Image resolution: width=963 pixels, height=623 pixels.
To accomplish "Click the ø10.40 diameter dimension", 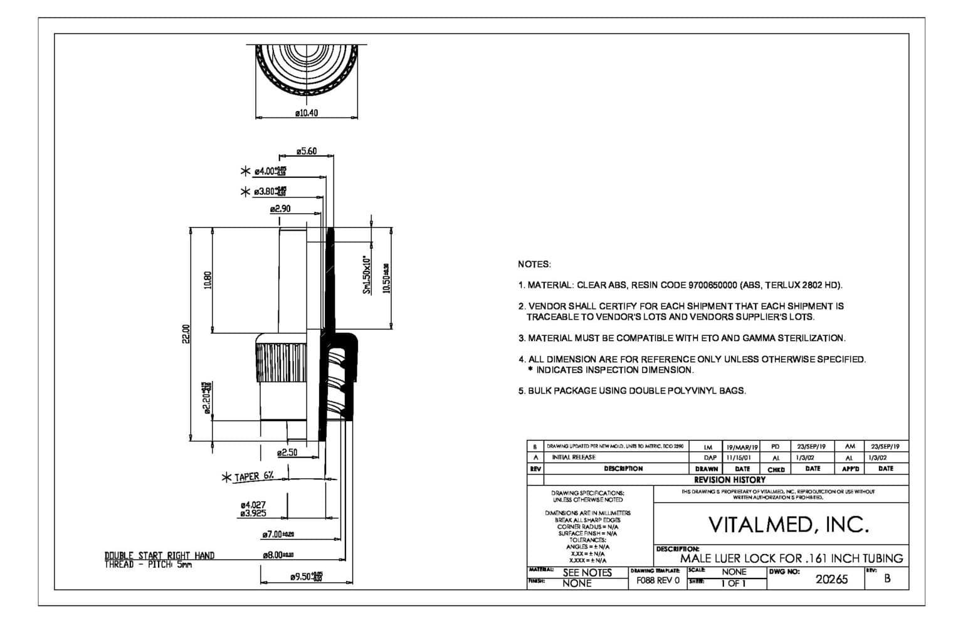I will [x=307, y=113].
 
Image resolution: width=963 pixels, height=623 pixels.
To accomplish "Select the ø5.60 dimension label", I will [x=307, y=152].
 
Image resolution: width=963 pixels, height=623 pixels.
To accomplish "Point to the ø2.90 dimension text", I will [x=280, y=209].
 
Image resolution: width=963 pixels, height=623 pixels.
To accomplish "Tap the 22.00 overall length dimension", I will [x=185, y=334].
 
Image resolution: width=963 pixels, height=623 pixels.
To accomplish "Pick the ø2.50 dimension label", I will [x=287, y=453].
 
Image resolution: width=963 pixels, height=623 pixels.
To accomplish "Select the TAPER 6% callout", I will [x=254, y=476].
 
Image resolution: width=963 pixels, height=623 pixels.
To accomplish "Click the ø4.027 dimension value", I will [x=253, y=505].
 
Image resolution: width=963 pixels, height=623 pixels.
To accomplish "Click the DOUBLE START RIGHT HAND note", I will [x=159, y=555].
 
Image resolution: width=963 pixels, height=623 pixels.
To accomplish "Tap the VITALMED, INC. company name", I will [x=789, y=525].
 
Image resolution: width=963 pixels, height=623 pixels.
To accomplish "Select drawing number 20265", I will [x=831, y=579].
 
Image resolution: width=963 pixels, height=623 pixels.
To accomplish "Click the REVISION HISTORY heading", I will [x=729, y=479].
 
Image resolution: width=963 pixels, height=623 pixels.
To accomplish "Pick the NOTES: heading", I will [x=534, y=264].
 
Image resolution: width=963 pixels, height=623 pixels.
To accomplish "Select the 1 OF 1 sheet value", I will [x=733, y=584].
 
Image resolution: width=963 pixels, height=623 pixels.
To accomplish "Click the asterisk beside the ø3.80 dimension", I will [x=245, y=191].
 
